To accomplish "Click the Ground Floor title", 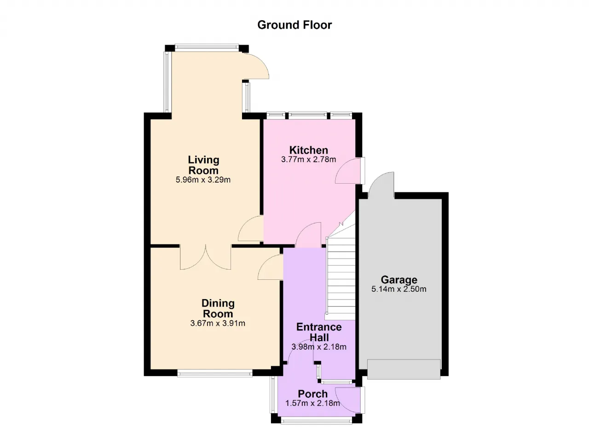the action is point(294,25).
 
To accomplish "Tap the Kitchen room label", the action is point(309,150).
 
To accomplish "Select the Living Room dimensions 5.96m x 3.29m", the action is point(203,180).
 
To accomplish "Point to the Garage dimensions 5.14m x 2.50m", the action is point(398,289).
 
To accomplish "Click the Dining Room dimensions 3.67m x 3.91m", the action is point(218,323).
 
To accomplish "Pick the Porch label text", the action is point(312,394).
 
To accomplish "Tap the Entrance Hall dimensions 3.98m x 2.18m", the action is point(319,347).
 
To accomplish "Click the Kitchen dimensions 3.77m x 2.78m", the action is point(308,159).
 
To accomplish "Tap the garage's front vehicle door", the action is point(404,369).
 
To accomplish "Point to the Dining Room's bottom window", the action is point(215,373).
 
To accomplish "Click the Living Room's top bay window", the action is point(207,48).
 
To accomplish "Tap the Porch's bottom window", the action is point(317,421).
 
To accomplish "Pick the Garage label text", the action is point(399,280).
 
